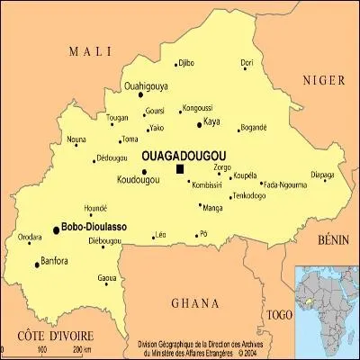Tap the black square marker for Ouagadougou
[180, 168]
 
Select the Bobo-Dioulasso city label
[93, 229]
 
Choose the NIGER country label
[323, 80]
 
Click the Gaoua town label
[107, 276]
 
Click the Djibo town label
[186, 62]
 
